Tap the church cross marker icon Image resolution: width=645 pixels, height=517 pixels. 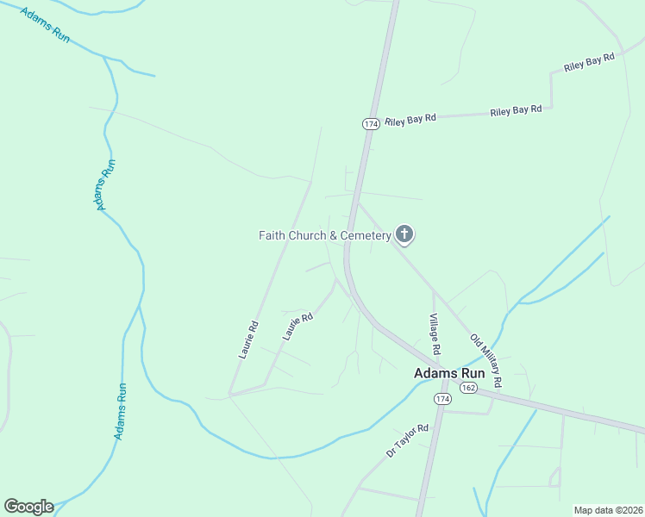404,234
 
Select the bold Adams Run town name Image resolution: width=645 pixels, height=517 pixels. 449,374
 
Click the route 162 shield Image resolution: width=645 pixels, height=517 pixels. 468,389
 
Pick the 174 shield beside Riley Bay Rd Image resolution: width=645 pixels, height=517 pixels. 371,124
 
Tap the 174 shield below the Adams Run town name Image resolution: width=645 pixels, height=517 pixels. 442,400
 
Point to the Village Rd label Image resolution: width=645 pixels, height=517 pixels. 435,334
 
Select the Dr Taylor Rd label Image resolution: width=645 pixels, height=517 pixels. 408,440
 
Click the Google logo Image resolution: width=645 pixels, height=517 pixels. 28,507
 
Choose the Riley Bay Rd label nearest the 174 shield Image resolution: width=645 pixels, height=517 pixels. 411,118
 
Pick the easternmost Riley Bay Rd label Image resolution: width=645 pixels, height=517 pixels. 589,62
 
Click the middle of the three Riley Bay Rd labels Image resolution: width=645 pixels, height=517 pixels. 516,110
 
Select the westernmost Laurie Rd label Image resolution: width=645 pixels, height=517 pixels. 248,339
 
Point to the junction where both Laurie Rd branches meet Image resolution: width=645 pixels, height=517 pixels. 230,394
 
